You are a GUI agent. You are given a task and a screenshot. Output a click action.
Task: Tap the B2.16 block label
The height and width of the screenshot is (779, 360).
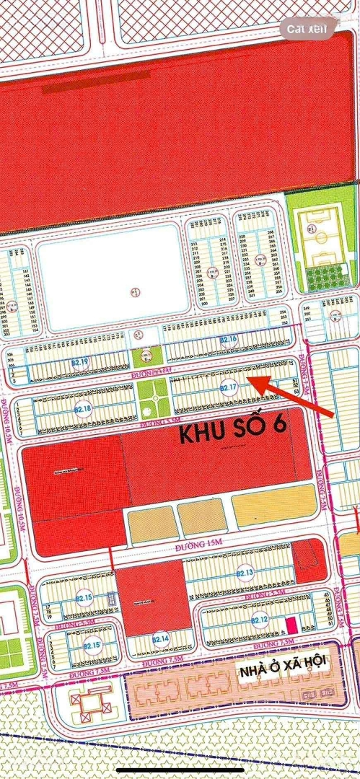tap(229, 339)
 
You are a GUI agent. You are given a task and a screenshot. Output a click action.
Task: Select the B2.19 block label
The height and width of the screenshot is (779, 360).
tap(80, 362)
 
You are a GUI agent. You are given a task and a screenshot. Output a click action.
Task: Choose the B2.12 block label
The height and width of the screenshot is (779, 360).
tap(260, 620)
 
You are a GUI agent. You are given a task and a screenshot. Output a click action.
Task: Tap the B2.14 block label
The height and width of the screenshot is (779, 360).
tap(160, 639)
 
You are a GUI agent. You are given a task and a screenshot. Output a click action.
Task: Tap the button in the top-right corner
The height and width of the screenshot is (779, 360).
tap(307, 29)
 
